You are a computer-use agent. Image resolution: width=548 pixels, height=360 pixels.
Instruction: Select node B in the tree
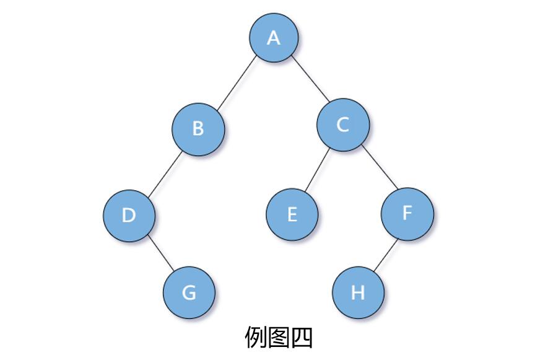[198, 128]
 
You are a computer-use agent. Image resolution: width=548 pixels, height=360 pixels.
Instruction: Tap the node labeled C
[342, 125]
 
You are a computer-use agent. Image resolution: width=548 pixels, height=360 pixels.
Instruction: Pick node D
[129, 215]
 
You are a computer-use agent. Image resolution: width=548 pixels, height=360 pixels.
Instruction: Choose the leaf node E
[292, 214]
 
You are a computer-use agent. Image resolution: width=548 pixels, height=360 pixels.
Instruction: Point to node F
[407, 213]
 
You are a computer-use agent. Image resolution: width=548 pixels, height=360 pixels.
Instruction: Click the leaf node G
[189, 292]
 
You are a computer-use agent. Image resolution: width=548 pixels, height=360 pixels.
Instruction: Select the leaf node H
[358, 292]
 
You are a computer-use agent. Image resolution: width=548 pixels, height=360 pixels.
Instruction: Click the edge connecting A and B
[237, 82]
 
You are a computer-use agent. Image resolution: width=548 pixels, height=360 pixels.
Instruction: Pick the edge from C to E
[316, 170]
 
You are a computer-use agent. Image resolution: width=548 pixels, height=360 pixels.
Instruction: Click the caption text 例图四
[279, 338]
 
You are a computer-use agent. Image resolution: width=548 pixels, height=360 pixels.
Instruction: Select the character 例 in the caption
[256, 338]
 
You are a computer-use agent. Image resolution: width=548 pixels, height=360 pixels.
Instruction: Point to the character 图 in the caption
[279, 338]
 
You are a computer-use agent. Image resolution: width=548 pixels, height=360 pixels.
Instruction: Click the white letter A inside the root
[274, 38]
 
